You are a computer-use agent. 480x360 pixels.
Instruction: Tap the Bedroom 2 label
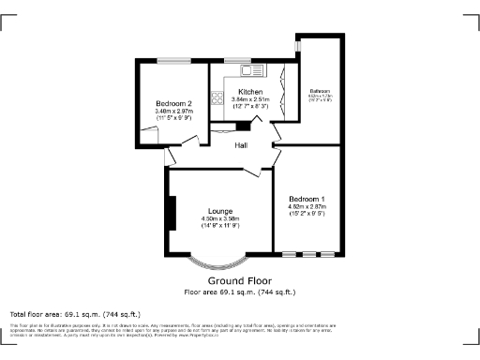pyautogui.click(x=174, y=103)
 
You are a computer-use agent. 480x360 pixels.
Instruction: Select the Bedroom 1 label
pyautogui.click(x=307, y=200)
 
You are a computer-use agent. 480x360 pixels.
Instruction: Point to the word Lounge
pyautogui.click(x=220, y=211)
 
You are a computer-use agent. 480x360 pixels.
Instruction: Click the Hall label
pyautogui.click(x=241, y=145)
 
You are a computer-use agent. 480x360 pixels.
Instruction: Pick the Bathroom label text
pyautogui.click(x=321, y=91)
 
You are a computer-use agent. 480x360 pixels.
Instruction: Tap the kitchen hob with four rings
pyautogui.click(x=217, y=96)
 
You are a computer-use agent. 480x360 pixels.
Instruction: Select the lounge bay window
pyautogui.click(x=220, y=264)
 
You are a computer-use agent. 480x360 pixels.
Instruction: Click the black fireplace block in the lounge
pyautogui.click(x=171, y=213)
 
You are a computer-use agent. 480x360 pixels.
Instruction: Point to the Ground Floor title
pyautogui.click(x=240, y=281)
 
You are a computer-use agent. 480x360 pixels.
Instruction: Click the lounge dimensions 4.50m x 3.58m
pyautogui.click(x=220, y=222)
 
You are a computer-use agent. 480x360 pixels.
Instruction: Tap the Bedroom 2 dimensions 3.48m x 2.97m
pyautogui.click(x=174, y=112)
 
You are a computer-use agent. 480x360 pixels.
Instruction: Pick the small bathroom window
pyautogui.click(x=297, y=45)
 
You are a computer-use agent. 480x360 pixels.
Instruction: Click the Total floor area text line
pyautogui.click(x=75, y=314)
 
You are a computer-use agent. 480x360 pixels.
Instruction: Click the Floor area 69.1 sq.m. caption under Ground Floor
pyautogui.click(x=240, y=292)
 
